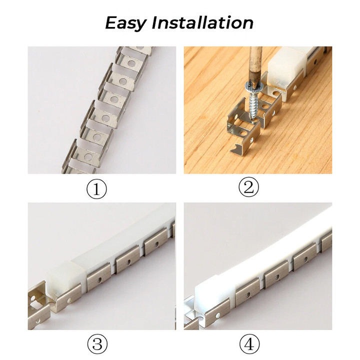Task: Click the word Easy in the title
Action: pos(125,23)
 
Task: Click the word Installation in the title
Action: pos(202,22)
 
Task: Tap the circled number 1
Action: pos(96,189)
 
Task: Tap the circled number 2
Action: pos(248,187)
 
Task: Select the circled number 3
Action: pos(97,344)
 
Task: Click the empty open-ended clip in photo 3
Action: pos(38,306)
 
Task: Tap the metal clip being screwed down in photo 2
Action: pos(243,128)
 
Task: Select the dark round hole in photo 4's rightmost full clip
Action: pos(305,259)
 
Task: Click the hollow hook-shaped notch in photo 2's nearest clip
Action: pos(236,148)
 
